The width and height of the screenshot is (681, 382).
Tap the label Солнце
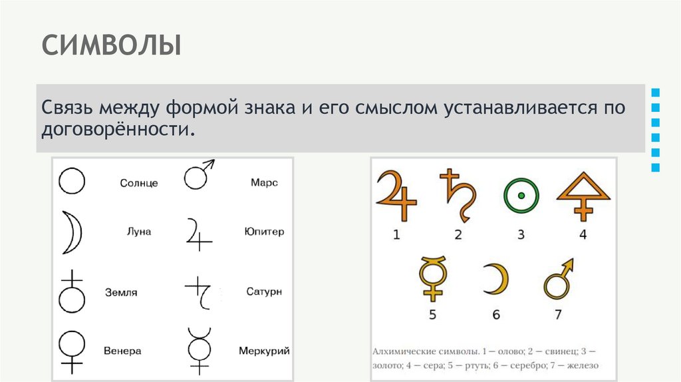click(139, 183)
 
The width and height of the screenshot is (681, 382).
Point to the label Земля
click(120, 291)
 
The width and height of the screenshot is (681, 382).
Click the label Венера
click(122, 350)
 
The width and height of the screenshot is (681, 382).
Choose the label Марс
click(264, 182)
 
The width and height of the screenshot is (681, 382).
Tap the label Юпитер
click(264, 232)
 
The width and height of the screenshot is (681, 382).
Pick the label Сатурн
click(264, 291)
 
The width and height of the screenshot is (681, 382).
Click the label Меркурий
click(264, 350)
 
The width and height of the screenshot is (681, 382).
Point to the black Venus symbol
click(72, 349)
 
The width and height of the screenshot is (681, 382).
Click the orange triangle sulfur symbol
click(583, 195)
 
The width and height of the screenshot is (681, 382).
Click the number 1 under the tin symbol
click(396, 234)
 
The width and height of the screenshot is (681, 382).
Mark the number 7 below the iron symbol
click(558, 314)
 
